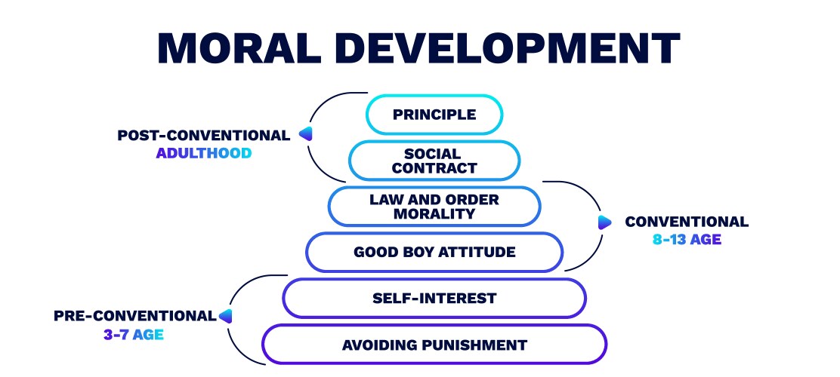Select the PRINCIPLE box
coord(434,115)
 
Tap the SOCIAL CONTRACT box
coord(434,161)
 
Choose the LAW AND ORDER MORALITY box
coord(434,207)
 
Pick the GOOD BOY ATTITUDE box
coord(434,252)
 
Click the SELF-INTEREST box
coord(434,298)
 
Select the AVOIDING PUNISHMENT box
coord(434,345)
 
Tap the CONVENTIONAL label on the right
coord(687,222)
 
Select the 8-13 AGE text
coord(687,240)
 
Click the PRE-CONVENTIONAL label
coord(134,316)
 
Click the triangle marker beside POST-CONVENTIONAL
coord(305,135)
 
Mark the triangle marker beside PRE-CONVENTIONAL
coord(225,316)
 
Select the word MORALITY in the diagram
coord(434,213)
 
